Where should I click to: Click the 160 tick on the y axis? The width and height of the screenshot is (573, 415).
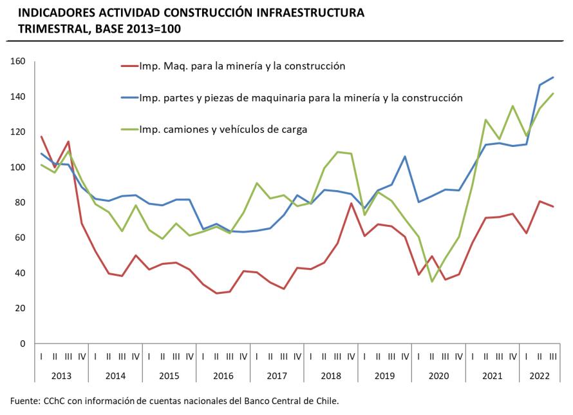[17, 62]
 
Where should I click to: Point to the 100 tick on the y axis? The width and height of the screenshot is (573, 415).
[17, 168]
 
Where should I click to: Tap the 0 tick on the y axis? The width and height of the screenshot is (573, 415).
[22, 343]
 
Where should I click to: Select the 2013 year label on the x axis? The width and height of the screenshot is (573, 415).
[62, 374]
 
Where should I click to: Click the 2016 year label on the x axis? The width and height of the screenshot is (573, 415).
[223, 374]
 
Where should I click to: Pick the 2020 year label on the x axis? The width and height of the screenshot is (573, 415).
[438, 374]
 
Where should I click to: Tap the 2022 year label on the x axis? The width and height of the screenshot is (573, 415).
[539, 374]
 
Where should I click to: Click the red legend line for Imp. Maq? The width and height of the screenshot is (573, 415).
[129, 66]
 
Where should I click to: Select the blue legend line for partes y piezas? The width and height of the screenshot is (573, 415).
[129, 98]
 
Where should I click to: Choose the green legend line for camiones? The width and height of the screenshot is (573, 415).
[129, 130]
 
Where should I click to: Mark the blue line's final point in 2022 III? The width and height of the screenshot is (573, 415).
[553, 77]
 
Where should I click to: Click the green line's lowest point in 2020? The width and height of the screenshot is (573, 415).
[431, 282]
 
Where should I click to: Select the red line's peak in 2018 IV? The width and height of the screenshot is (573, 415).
[351, 204]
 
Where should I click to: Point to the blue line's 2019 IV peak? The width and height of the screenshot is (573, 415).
[405, 157]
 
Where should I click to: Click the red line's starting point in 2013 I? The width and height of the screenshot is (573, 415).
[42, 136]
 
